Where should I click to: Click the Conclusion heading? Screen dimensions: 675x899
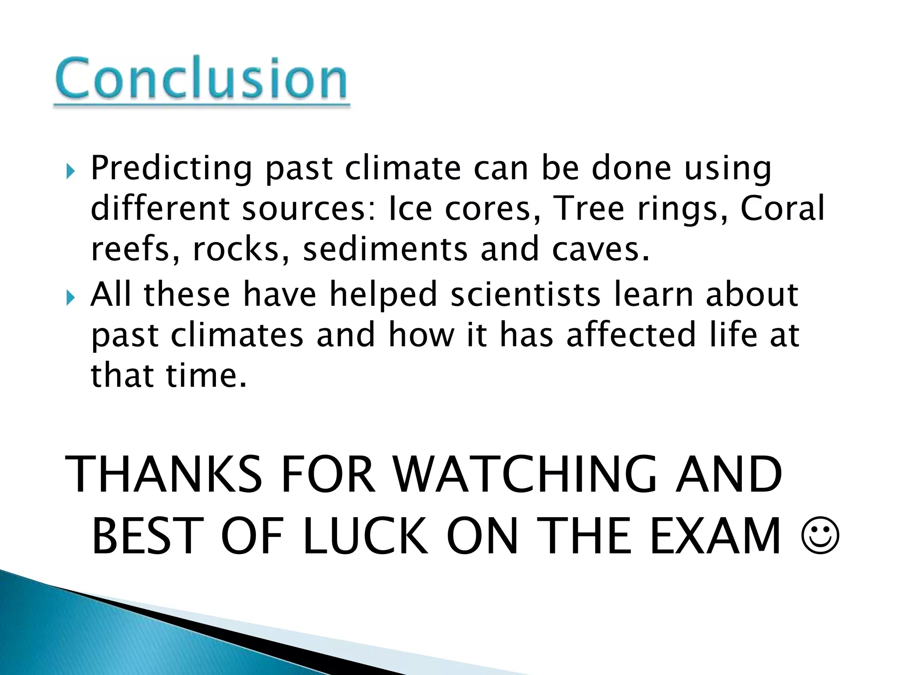tap(201, 79)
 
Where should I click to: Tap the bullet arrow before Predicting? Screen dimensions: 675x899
tap(71, 171)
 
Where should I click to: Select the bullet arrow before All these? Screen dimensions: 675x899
tap(71, 298)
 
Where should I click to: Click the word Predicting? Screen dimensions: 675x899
tap(171, 169)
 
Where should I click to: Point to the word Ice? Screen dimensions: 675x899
tap(410, 208)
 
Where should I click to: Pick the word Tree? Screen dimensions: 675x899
tap(588, 208)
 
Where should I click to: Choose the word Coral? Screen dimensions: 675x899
tap(782, 208)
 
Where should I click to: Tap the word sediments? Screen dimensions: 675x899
tap(385, 249)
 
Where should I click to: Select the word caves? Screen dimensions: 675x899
tap(600, 249)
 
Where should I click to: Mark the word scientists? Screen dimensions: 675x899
tap(525, 294)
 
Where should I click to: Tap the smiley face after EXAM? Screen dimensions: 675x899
tap(820, 537)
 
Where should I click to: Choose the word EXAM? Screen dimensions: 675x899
tap(715, 536)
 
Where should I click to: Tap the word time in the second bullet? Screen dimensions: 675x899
tap(206, 376)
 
